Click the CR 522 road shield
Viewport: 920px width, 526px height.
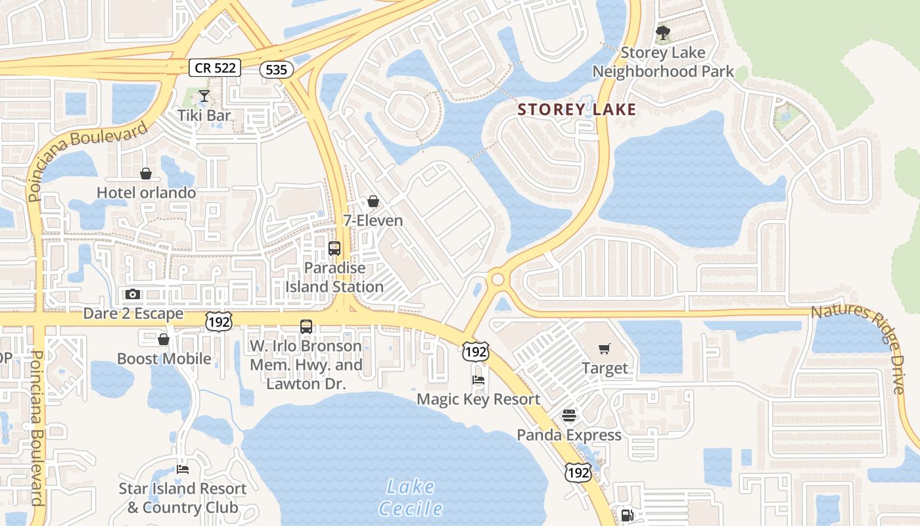215,67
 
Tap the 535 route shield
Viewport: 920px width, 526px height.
276,69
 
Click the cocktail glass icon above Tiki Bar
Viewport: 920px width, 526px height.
204,97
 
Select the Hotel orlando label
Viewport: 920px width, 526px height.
146,193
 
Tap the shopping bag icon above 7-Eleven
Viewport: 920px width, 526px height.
373,201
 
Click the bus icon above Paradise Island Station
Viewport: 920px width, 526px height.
334,249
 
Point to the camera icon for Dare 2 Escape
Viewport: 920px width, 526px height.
133,294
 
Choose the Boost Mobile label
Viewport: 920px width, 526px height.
164,359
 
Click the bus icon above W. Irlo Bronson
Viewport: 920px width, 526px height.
306,326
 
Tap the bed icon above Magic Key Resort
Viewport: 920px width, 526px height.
478,380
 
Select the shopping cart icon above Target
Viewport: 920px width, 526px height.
605,349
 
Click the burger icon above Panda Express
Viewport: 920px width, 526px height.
569,416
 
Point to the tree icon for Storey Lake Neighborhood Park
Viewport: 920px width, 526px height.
663,32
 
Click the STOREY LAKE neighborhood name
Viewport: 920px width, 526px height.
577,110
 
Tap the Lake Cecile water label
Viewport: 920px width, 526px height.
410,498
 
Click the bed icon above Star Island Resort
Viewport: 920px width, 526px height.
183,469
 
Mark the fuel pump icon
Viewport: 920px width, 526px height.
628,515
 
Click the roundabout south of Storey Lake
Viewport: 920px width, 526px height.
497,279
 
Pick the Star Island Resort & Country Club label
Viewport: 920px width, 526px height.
183,498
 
